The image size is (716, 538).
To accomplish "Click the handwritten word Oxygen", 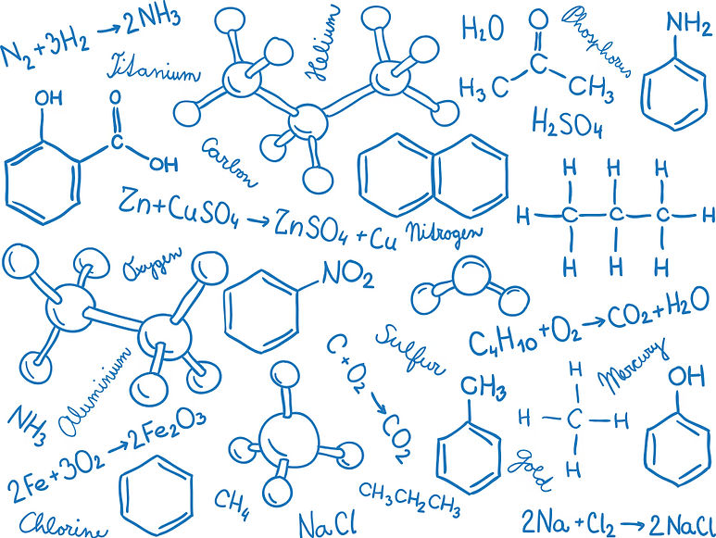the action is [152, 262].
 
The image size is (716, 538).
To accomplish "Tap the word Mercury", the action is [633, 364].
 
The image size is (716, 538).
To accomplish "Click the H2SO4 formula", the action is [568, 122].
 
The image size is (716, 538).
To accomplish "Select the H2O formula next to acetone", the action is [482, 29].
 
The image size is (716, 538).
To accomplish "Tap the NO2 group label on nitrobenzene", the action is [346, 276].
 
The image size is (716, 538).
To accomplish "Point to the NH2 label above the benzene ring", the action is [689, 24].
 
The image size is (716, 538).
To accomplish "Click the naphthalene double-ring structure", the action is [433, 172].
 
